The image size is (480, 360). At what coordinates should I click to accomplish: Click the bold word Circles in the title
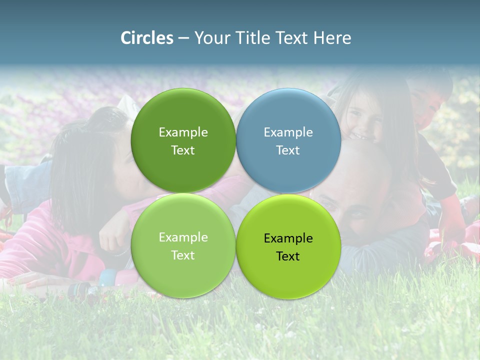tap(146, 38)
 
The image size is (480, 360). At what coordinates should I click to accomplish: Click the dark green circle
tap(183, 140)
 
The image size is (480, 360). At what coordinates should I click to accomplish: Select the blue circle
tap(288, 140)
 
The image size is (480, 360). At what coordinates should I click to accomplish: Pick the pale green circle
tap(183, 245)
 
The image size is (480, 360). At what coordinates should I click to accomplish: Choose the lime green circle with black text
tap(288, 246)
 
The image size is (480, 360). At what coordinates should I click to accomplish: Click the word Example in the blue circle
tap(288, 132)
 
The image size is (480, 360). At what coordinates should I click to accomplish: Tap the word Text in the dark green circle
tap(183, 150)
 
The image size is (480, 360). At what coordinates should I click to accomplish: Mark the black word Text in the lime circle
tap(288, 256)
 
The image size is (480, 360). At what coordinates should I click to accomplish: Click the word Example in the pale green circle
tap(183, 237)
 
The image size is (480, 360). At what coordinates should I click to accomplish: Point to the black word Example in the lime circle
tap(288, 238)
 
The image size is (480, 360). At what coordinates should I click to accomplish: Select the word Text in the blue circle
tap(288, 150)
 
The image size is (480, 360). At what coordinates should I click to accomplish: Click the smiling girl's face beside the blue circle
tap(361, 122)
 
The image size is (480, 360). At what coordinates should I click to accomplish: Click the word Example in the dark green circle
tap(183, 132)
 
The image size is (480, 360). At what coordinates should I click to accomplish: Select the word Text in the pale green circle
tap(183, 255)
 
